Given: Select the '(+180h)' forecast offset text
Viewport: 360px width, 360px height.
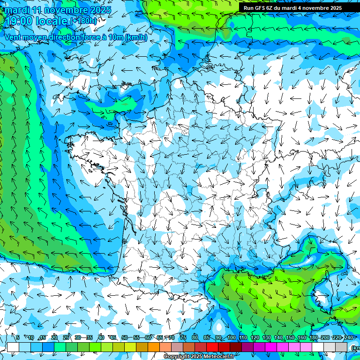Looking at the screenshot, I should pos(83,21).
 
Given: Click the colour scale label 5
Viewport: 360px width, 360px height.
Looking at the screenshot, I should pos(18,337).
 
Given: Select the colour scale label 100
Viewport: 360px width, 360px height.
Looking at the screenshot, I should pos(231,337).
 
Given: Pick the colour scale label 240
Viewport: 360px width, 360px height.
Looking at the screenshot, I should pos(348,337).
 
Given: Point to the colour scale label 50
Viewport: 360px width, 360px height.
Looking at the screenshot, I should pos(124,337).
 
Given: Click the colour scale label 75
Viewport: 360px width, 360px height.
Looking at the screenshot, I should pos(183,337).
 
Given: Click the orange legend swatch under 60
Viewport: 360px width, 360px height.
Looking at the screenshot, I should pos(154,347).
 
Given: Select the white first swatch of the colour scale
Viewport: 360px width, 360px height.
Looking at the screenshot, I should pos(13,347).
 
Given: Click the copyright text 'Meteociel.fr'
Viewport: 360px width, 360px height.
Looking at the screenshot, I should pos(219,357).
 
